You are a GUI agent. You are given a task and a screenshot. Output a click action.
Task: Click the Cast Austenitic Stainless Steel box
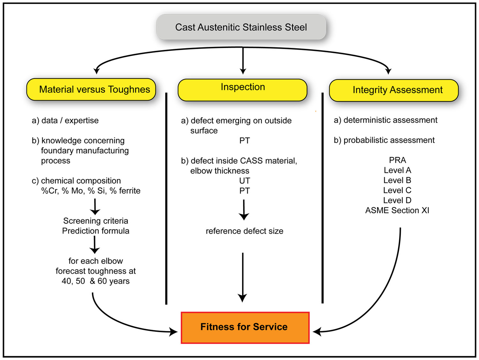pyautogui.click(x=241, y=27)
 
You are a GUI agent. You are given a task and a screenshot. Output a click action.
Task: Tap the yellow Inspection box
pyautogui.click(x=243, y=90)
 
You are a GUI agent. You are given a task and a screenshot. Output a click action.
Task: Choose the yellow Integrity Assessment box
pyautogui.click(x=394, y=90)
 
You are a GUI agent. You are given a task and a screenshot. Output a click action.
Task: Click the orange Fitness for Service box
pyautogui.click(x=245, y=327)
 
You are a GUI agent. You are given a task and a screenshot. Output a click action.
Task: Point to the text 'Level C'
pyautogui.click(x=397, y=190)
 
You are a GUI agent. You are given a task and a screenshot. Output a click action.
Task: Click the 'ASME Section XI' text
pyautogui.click(x=397, y=210)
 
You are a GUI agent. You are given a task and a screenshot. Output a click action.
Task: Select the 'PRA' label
pyautogui.click(x=397, y=160)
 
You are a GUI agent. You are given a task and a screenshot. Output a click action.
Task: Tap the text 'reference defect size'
pyautogui.click(x=244, y=231)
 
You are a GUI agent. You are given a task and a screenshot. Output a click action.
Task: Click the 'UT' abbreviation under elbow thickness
pyautogui.click(x=245, y=181)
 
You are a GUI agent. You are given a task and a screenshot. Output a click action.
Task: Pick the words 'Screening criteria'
pyautogui.click(x=95, y=221)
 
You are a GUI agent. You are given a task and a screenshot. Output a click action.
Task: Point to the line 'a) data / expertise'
pyautogui.click(x=65, y=120)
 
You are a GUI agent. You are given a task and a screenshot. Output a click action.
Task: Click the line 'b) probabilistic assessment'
pyautogui.click(x=384, y=140)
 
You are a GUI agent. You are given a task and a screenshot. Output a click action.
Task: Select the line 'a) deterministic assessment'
pyautogui.click(x=385, y=120)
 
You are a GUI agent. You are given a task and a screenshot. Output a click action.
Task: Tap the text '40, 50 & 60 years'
pyautogui.click(x=95, y=281)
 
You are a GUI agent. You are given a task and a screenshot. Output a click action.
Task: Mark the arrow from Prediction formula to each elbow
pyautogui.click(x=95, y=245)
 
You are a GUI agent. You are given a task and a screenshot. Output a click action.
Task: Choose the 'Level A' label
pyautogui.click(x=397, y=170)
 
